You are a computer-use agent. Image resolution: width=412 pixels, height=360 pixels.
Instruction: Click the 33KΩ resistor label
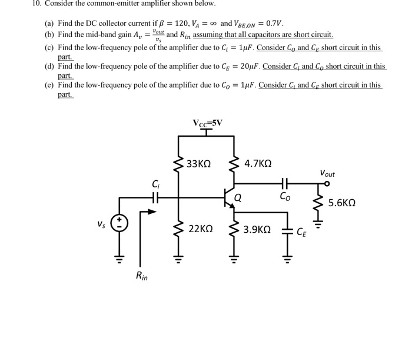(x=198, y=163)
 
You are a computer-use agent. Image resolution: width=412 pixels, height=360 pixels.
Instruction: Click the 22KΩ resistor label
(x=201, y=227)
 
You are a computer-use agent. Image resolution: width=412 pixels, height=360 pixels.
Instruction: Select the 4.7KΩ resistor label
(x=258, y=163)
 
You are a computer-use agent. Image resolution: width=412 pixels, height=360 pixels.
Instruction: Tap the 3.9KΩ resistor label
(x=257, y=227)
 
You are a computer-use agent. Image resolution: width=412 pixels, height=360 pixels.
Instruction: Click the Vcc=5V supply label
(x=207, y=123)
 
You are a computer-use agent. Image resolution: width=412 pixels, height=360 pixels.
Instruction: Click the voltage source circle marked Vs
(x=120, y=224)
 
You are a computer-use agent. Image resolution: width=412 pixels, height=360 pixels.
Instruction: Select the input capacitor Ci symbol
(x=155, y=198)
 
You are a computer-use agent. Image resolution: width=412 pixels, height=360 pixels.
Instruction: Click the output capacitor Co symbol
(x=284, y=183)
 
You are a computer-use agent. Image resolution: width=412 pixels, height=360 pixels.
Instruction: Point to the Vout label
(x=327, y=174)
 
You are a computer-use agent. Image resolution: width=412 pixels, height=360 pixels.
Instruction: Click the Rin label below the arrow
(x=141, y=275)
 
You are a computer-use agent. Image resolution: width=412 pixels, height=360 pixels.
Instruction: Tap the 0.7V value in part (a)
(x=274, y=24)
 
